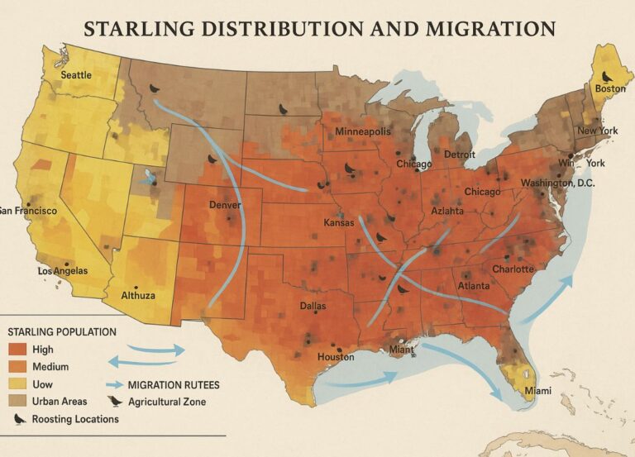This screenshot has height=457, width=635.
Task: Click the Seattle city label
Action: click(76, 74)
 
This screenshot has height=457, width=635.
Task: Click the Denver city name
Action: click(225, 204)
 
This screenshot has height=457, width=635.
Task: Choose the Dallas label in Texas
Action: click(313, 306)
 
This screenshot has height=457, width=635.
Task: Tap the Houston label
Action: click(336, 357)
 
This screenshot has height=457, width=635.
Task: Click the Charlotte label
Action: click(513, 269)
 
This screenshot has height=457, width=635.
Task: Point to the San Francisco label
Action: click(28, 211)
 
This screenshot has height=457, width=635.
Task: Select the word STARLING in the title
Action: click(136, 28)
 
